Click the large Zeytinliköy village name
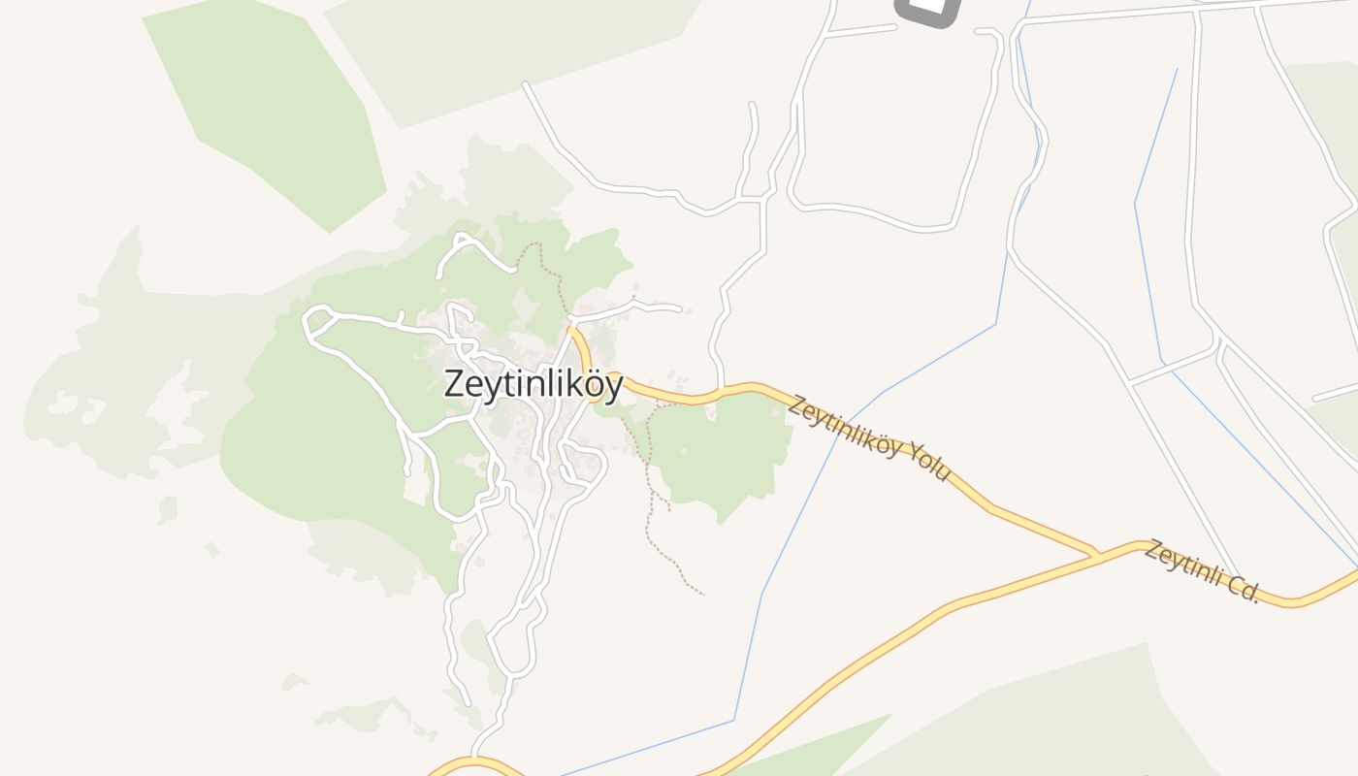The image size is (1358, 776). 533,384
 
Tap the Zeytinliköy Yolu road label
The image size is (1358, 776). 869,438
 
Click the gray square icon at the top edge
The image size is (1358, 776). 926,10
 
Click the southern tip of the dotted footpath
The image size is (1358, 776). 702,594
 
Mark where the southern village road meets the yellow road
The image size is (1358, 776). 474,757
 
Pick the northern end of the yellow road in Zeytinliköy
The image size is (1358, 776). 571,330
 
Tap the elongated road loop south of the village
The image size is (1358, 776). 514,645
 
